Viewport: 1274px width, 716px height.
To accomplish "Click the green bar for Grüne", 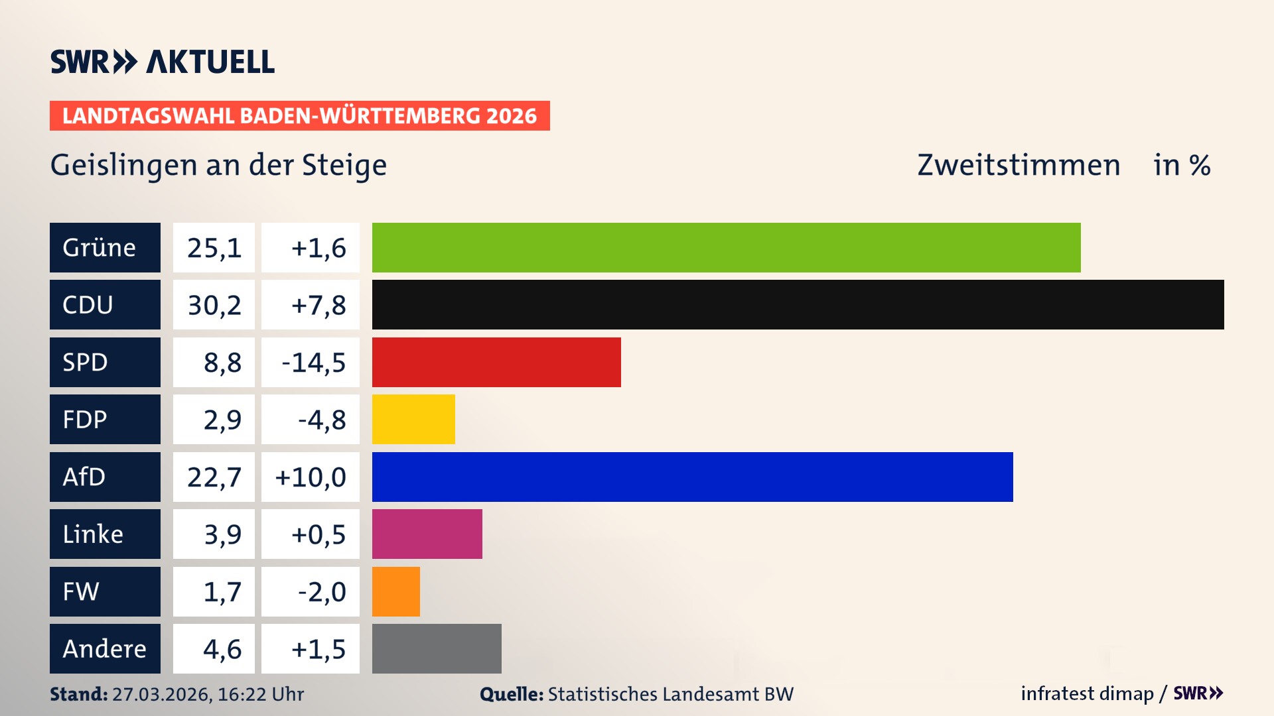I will pos(726,247).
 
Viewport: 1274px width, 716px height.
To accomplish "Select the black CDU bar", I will pos(798,304).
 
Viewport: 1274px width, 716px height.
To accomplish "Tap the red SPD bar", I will pos(496,362).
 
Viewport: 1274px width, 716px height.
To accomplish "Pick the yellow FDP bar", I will pos(413,419).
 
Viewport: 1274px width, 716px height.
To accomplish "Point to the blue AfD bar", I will pos(692,477).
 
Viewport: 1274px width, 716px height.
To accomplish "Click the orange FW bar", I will pos(396,591).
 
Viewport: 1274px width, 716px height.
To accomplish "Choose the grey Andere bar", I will pos(437,648).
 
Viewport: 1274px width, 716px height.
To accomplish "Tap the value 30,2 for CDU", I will pos(214,304).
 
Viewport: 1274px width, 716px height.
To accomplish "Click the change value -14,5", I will pos(313,362).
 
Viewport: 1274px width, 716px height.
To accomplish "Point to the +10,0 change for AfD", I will pos(311,477).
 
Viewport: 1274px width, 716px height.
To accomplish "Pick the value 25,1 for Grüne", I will pos(214,247).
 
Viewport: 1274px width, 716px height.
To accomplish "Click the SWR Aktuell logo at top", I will pos(162,62).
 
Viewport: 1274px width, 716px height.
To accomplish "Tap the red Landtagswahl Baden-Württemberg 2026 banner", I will pos(299,115).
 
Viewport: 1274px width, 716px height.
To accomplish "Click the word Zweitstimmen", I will pos(1019,165).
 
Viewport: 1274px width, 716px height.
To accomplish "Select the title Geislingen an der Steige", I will pos(218,165).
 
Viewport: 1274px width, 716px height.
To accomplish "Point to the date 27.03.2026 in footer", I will pos(161,694).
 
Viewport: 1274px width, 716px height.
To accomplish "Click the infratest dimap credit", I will pos(1087,693).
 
